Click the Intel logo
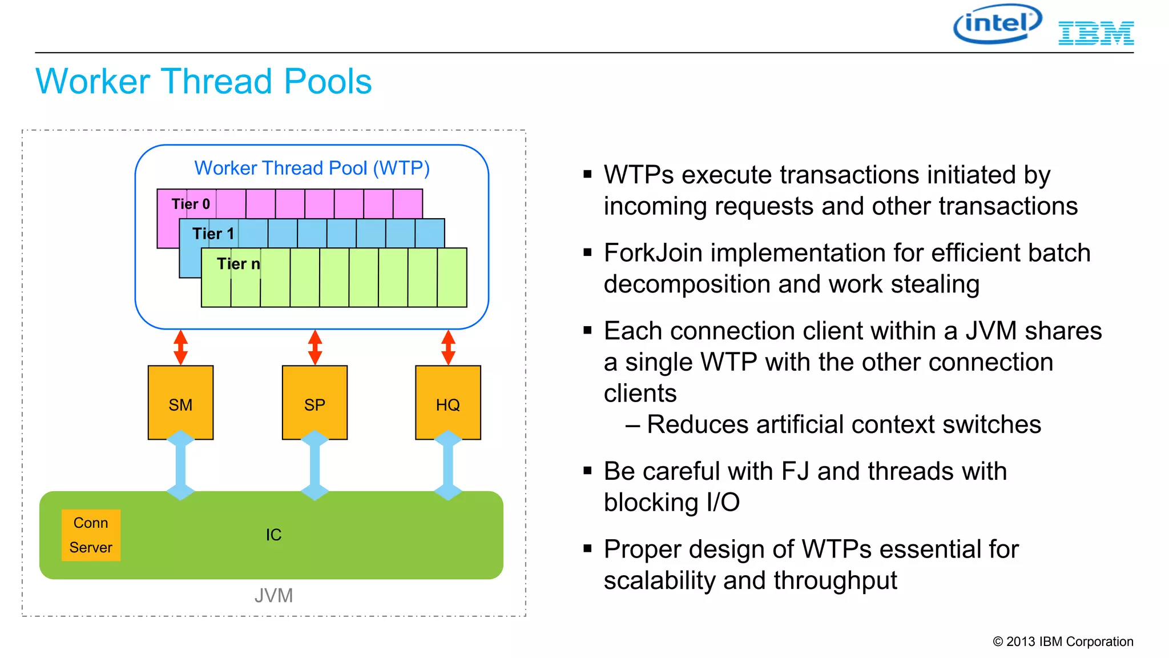pos(998,24)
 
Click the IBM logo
pos(1096,33)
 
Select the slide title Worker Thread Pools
pos(203,81)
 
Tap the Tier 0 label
pos(191,204)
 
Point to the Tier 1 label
pos(213,234)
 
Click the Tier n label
pos(238,264)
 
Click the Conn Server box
pos(91,535)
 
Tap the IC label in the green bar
pos(273,535)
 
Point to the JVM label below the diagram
pos(273,596)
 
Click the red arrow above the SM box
pos(180,347)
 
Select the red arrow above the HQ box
pos(448,347)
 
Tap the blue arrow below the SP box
pos(315,466)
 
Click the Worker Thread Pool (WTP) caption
pos(312,168)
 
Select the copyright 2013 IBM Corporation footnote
pos(1063,641)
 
